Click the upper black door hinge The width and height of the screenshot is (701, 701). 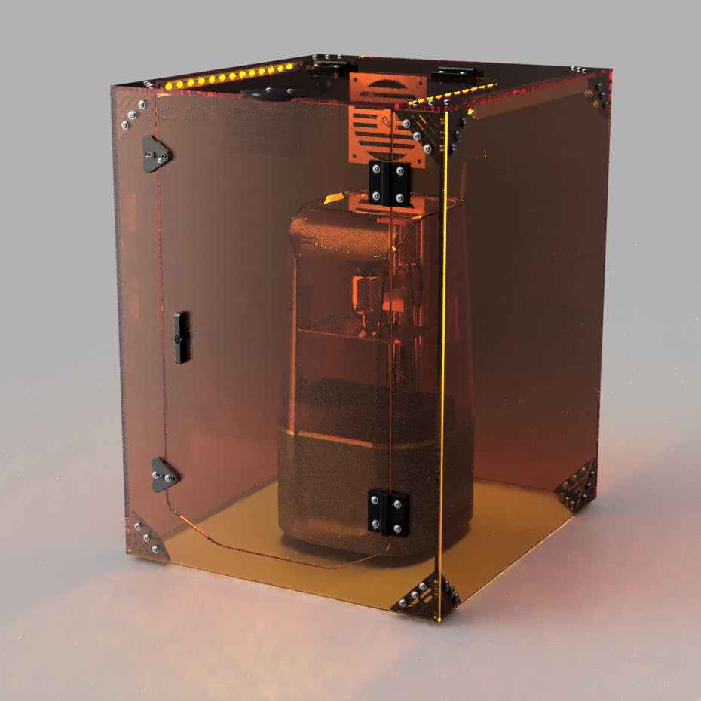[390, 183]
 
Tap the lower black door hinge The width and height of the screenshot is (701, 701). [388, 513]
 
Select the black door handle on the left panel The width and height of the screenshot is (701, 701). [181, 337]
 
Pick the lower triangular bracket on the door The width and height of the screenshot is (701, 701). [164, 476]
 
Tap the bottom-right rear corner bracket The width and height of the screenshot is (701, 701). [579, 488]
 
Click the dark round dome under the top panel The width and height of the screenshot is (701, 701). [269, 94]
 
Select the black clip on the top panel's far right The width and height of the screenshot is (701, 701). [456, 74]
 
